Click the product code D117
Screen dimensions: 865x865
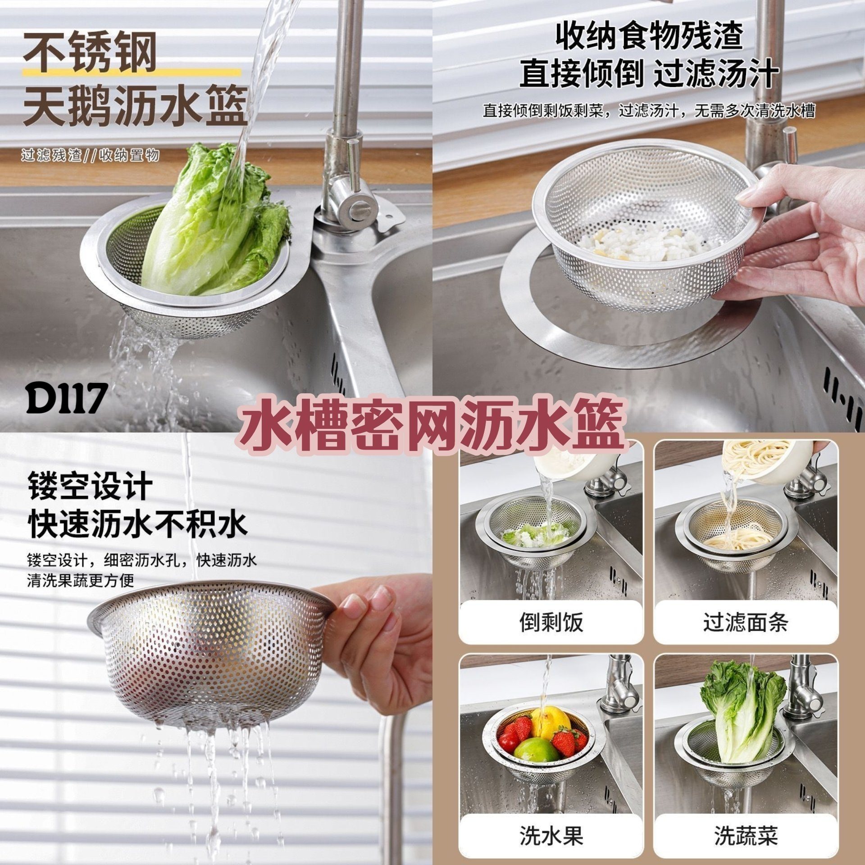[67, 399]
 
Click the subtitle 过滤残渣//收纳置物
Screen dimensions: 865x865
[90, 156]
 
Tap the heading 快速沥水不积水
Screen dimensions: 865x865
[138, 523]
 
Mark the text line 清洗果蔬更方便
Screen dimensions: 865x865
[81, 581]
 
